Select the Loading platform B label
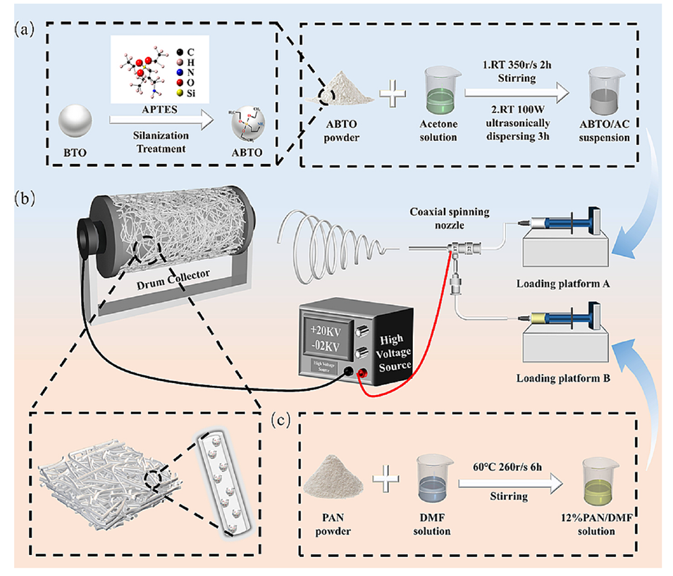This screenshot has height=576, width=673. pyautogui.click(x=566, y=377)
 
